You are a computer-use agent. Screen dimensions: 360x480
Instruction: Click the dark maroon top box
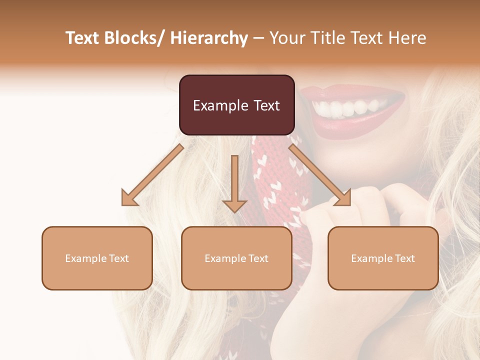(236, 105)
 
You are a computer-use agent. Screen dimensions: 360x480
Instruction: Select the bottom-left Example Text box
(97, 258)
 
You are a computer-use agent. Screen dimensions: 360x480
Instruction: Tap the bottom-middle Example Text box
(236, 258)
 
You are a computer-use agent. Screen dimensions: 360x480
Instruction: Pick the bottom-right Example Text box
(383, 258)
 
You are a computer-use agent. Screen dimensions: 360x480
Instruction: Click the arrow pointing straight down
(234, 182)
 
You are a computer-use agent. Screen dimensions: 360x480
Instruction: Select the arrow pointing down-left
(152, 175)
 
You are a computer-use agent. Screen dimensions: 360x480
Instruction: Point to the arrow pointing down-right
(319, 175)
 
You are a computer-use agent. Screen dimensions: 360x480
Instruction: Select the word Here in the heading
(406, 38)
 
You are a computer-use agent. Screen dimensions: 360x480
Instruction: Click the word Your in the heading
(286, 38)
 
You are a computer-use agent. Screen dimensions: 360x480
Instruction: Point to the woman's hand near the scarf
(370, 210)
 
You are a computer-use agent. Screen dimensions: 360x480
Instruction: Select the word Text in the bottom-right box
(404, 258)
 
